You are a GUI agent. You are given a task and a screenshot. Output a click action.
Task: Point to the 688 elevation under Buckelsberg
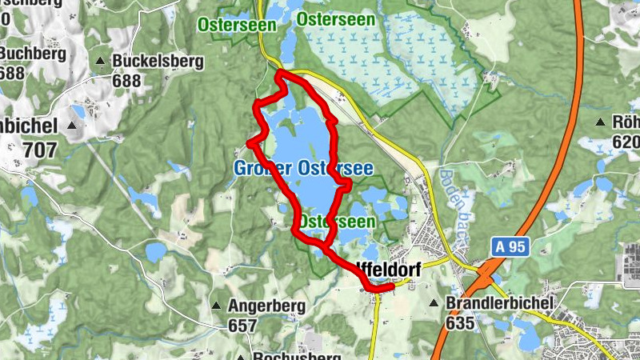tap(126, 81)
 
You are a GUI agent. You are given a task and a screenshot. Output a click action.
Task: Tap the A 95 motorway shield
tap(508, 247)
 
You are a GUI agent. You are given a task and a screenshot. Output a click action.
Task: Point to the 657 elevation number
tap(242, 326)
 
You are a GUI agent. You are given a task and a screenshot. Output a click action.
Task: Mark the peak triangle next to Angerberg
tap(216, 306)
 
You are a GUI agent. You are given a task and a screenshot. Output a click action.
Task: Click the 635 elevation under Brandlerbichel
tap(461, 323)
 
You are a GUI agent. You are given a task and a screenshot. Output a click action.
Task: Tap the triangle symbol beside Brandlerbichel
tap(434, 304)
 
